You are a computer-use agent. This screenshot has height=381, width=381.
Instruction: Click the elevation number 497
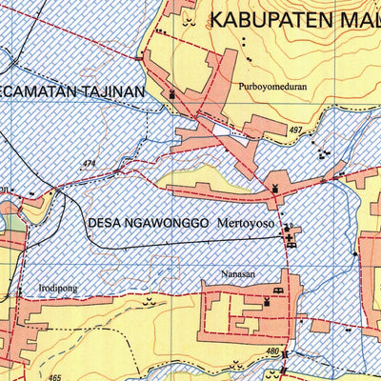294,129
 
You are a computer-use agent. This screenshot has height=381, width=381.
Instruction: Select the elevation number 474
90,163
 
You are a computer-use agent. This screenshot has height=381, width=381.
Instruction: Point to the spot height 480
273,351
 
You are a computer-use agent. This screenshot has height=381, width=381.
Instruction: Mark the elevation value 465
54,377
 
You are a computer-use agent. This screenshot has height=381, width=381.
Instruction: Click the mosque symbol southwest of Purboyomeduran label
172,95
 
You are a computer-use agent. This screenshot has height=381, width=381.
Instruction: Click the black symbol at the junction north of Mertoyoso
276,188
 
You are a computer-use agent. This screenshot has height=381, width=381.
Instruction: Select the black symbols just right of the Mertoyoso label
291,232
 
